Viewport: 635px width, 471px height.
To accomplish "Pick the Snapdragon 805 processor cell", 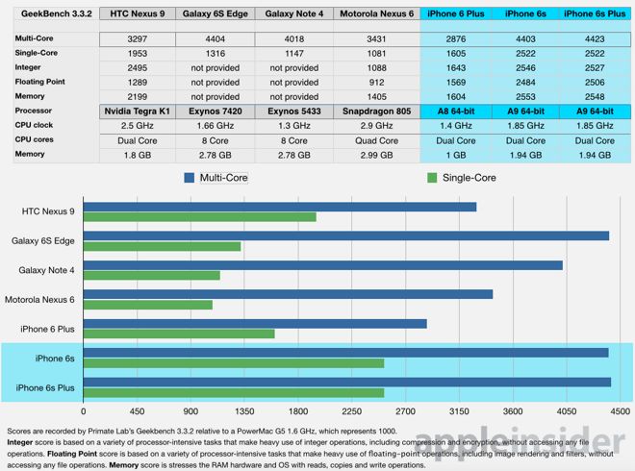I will pos(378,111).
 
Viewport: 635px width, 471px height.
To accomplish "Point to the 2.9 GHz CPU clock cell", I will pos(378,125).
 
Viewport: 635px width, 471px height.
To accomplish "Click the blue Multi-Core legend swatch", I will pos(189,178).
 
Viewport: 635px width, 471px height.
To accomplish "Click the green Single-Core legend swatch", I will pos(431,178).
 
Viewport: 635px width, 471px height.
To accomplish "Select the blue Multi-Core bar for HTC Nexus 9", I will pos(280,207).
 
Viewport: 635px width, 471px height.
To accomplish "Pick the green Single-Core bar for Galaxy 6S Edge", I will pos(163,246).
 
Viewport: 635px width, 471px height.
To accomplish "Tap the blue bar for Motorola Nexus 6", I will pos(288,294).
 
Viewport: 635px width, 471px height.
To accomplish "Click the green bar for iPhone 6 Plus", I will pos(179,334).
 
